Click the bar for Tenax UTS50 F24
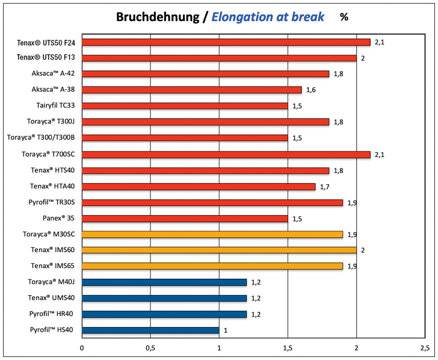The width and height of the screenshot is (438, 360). (226, 42)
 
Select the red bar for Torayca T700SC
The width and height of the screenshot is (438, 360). (226, 154)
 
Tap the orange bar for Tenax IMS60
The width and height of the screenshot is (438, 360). (219, 250)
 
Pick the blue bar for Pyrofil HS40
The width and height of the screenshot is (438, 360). (150, 330)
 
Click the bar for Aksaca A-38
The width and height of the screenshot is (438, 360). (191, 90)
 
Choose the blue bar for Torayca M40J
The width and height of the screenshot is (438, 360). (164, 282)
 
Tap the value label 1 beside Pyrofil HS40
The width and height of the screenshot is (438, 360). (226, 330)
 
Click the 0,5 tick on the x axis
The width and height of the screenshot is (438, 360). (150, 348)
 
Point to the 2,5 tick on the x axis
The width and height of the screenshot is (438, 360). (424, 348)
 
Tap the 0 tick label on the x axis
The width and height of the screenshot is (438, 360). (82, 348)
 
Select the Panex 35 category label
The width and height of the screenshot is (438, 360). (59, 218)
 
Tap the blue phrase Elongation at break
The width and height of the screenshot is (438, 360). (268, 17)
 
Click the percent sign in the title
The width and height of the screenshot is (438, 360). (344, 17)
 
